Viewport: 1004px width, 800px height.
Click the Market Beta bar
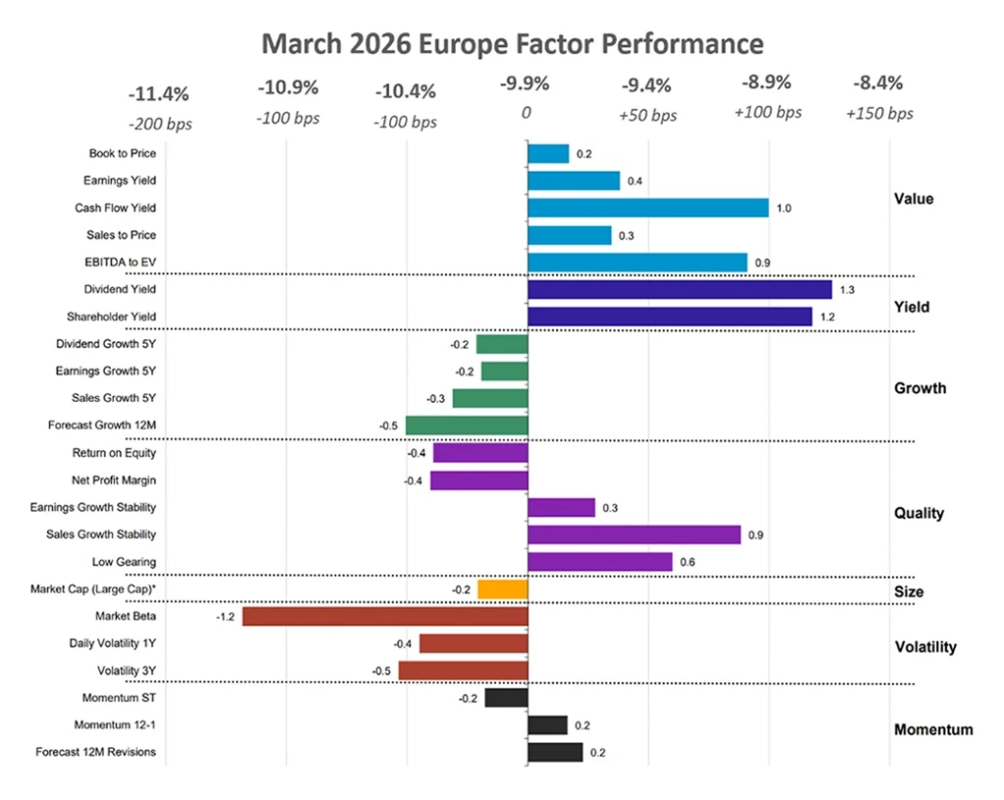click(385, 616)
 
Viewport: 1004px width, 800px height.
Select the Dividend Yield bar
click(679, 289)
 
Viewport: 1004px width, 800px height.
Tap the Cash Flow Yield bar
click(648, 208)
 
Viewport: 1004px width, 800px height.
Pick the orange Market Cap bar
click(503, 589)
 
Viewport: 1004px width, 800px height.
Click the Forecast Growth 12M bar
click(467, 425)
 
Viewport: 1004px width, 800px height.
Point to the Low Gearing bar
click(600, 562)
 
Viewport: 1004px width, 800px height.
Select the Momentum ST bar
click(506, 698)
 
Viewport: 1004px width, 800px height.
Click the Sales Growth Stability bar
click(634, 534)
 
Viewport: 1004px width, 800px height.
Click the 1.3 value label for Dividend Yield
click(847, 290)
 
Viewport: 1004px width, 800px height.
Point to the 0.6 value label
click(687, 563)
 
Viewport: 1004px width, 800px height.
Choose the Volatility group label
click(926, 647)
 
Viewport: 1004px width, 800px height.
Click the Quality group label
click(919, 513)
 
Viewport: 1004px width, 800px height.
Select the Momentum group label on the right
click(933, 729)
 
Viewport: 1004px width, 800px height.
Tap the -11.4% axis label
click(159, 95)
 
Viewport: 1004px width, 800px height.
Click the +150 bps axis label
click(879, 114)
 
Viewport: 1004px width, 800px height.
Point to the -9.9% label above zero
click(526, 84)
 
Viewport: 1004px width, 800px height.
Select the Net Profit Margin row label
click(114, 480)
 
